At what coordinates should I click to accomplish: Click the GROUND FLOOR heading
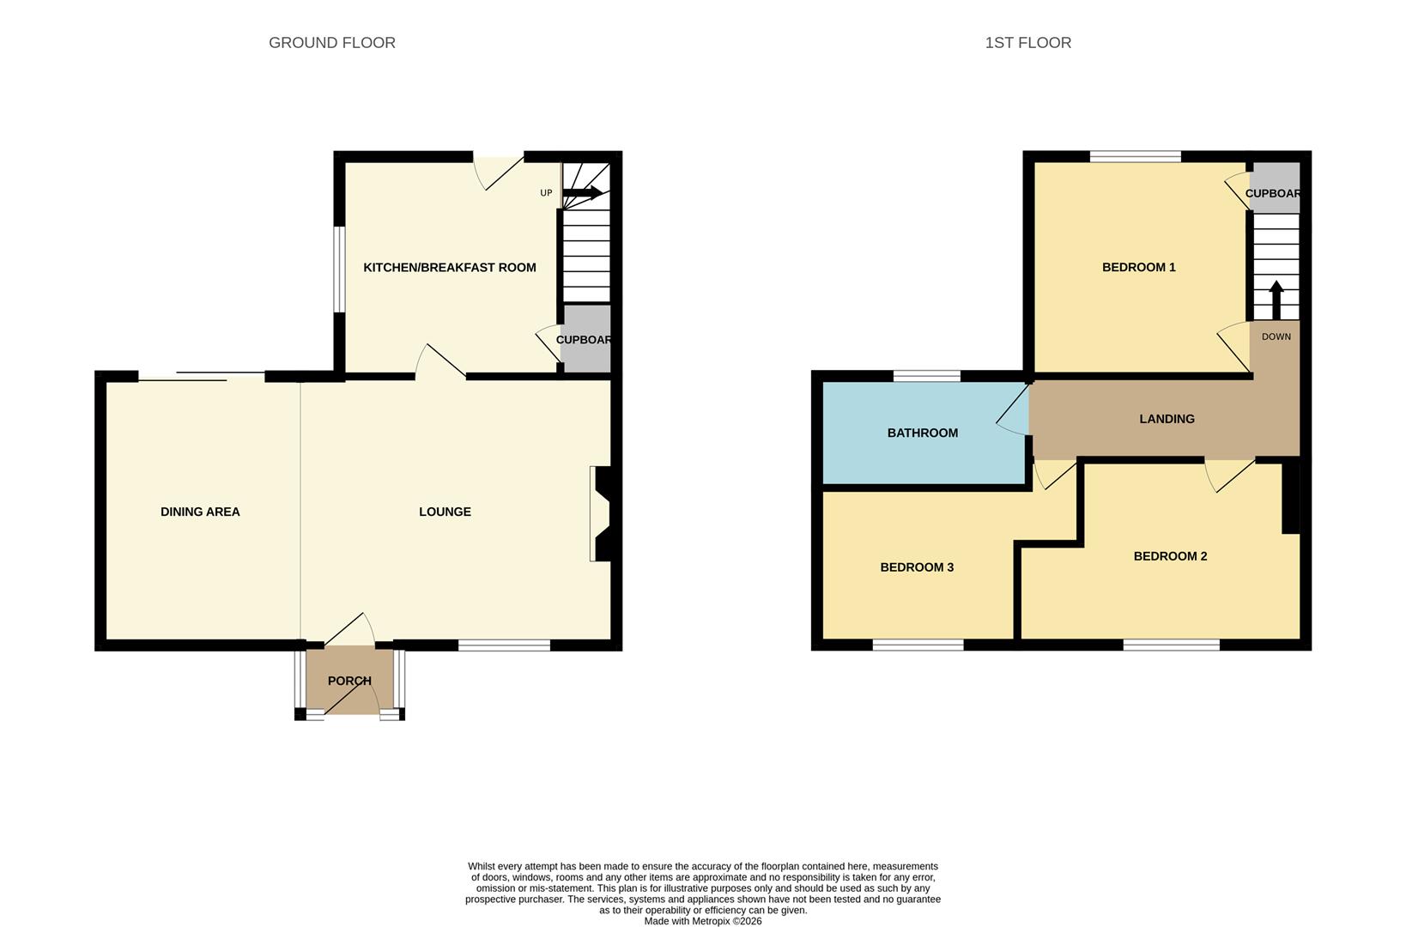point(331,43)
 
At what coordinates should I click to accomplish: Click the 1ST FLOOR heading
point(1027,43)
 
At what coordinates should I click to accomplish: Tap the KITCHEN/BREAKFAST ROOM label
point(449,268)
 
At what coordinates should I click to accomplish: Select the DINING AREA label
point(200,512)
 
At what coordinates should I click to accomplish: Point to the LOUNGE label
point(445,512)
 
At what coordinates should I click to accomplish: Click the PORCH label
point(349,681)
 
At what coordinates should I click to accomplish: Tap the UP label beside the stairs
point(546,193)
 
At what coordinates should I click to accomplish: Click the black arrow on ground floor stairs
point(583,193)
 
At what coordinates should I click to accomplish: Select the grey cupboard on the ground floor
point(585,340)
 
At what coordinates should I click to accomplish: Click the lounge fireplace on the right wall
point(601,513)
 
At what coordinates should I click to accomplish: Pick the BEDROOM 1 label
point(1138,268)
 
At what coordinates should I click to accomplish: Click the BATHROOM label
point(922,433)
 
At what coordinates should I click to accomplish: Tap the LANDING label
point(1167,419)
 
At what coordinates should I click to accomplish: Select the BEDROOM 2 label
point(1170,556)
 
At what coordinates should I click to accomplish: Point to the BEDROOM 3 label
point(917,567)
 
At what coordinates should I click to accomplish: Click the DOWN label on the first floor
point(1276,336)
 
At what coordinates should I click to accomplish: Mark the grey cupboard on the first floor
point(1275,189)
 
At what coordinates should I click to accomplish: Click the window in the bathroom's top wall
point(926,376)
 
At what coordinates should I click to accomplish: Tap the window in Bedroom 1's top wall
point(1135,156)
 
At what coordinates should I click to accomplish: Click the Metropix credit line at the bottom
point(702,921)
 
